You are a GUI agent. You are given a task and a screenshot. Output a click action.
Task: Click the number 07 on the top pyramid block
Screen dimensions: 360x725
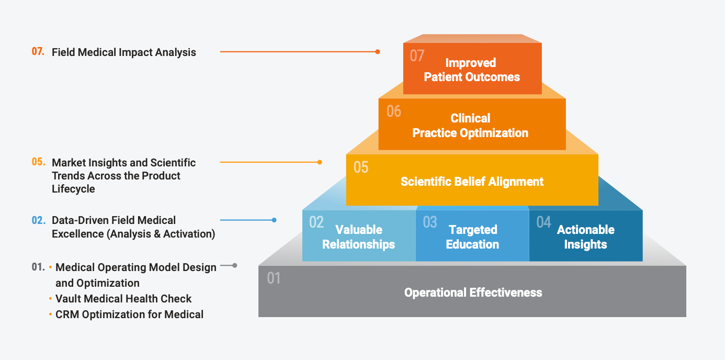pyautogui.click(x=417, y=55)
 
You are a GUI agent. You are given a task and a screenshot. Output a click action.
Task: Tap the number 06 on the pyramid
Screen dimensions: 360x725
pyautogui.click(x=394, y=111)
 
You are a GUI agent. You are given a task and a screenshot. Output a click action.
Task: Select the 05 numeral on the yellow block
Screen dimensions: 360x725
pyautogui.click(x=361, y=167)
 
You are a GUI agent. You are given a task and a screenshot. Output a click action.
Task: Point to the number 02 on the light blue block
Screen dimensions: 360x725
pyautogui.click(x=316, y=222)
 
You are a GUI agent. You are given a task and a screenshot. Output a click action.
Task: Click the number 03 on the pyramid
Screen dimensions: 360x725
pyautogui.click(x=429, y=222)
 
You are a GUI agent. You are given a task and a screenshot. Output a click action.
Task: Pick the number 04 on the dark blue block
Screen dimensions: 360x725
pyautogui.click(x=543, y=222)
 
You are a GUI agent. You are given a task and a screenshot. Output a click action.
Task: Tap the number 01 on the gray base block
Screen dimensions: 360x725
pyautogui.click(x=274, y=278)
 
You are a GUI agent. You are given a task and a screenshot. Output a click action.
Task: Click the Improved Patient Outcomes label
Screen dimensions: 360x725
pyautogui.click(x=472, y=70)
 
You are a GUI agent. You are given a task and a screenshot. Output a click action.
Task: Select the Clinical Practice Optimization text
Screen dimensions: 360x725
pyautogui.click(x=470, y=126)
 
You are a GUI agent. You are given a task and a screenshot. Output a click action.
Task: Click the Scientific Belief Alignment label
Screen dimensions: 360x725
pyautogui.click(x=472, y=182)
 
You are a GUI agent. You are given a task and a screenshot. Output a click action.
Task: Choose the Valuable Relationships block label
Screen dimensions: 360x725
pyautogui.click(x=359, y=237)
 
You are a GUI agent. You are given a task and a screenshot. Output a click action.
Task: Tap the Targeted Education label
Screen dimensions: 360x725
pyautogui.click(x=472, y=237)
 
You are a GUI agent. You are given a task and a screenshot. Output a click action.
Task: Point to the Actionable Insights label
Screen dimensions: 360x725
pyautogui.click(x=585, y=237)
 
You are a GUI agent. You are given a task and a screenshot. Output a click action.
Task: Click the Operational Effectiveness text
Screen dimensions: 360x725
pyautogui.click(x=473, y=292)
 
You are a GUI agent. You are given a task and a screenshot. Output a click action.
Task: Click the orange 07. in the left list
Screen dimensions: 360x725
pyautogui.click(x=38, y=52)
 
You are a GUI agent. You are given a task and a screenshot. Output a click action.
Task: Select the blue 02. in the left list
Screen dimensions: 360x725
pyautogui.click(x=38, y=220)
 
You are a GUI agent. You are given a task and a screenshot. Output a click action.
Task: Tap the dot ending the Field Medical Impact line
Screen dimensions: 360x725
pyautogui.click(x=378, y=52)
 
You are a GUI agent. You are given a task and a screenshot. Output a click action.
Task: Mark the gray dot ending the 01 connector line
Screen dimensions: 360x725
pyautogui.click(x=235, y=265)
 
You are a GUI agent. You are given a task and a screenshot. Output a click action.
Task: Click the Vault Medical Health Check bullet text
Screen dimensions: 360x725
pyautogui.click(x=123, y=299)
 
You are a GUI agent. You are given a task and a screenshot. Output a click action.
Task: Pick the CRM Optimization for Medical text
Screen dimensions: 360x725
pyautogui.click(x=129, y=314)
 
